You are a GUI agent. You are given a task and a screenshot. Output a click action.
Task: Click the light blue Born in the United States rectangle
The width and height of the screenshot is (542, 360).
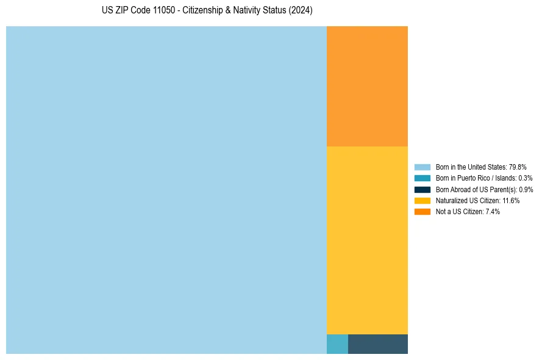click(166, 190)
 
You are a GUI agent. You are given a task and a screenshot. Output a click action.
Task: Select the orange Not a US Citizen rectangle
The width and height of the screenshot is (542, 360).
click(367, 86)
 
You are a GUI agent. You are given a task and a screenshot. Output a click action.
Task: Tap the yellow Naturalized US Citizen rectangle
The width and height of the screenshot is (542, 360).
click(367, 240)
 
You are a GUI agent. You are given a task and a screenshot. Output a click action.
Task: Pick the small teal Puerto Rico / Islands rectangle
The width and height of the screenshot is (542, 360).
click(337, 344)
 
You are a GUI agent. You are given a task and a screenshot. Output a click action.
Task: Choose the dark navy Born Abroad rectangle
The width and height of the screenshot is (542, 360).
click(377, 344)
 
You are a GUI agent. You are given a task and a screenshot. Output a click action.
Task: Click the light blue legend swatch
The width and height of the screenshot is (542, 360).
click(422, 167)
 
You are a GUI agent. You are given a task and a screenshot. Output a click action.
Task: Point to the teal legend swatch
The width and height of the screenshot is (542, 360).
click(422, 178)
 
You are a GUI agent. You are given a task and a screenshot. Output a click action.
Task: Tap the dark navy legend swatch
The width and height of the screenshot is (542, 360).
click(422, 189)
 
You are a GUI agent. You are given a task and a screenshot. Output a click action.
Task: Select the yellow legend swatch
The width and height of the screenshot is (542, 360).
click(422, 200)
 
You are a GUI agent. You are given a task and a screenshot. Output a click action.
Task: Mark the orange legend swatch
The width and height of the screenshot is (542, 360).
click(422, 211)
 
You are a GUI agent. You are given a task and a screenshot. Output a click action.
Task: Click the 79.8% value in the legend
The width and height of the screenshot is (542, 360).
click(518, 167)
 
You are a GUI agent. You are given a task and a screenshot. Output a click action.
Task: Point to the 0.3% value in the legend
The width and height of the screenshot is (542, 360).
click(525, 178)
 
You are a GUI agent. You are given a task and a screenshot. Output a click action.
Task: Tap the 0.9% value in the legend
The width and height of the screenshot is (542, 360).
click(526, 189)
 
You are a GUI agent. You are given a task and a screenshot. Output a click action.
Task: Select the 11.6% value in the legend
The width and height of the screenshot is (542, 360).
click(511, 200)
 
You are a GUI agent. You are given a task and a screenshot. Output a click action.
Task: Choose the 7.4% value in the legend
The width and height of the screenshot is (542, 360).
click(493, 211)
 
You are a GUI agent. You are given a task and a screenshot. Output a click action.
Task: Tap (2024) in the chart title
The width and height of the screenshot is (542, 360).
click(301, 11)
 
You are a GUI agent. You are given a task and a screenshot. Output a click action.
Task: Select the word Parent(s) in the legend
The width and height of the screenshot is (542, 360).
click(502, 189)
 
